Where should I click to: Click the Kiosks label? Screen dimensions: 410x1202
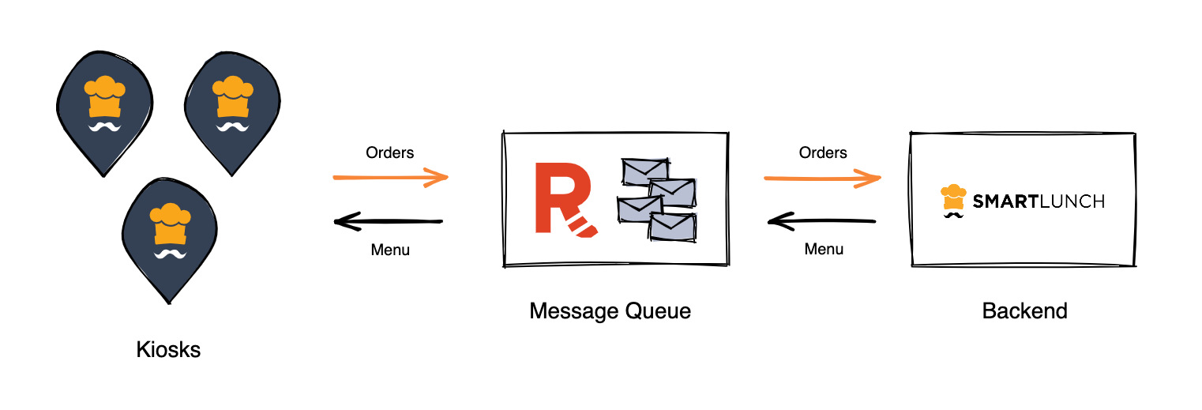tap(168, 349)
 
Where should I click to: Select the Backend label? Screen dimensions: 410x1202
tap(1024, 310)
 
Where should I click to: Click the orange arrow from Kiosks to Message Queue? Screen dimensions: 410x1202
tap(390, 177)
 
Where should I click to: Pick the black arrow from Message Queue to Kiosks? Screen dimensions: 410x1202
tap(389, 221)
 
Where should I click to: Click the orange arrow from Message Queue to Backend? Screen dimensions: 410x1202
tap(822, 179)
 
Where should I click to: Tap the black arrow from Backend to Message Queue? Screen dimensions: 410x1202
tap(822, 221)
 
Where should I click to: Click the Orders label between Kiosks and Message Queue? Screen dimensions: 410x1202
tap(389, 152)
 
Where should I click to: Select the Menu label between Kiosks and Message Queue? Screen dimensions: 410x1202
tap(390, 250)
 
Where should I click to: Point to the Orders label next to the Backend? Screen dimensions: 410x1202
tap(823, 152)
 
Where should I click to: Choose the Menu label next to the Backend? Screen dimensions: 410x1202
tap(824, 249)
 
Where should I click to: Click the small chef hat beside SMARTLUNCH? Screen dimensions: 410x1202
tap(953, 198)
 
